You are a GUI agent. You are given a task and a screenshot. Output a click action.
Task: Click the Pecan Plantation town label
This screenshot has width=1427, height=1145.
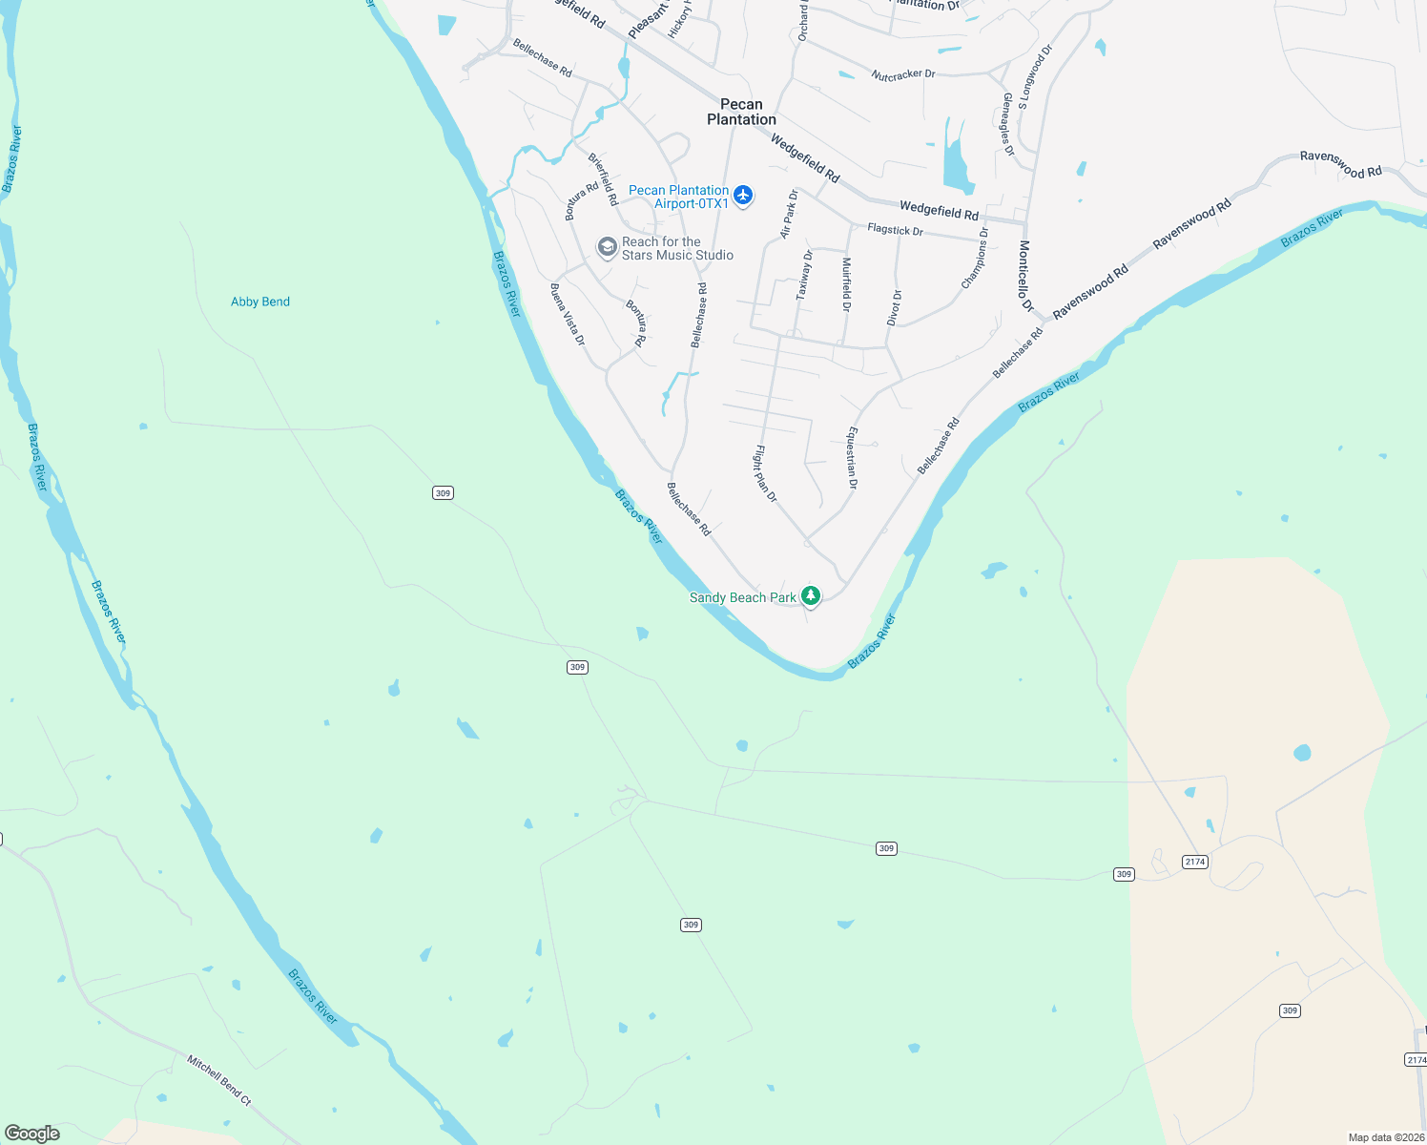(x=741, y=112)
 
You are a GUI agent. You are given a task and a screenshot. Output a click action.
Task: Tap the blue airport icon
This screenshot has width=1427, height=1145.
(x=743, y=196)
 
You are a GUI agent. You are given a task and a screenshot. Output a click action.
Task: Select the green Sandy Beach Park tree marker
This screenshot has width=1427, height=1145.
(x=810, y=596)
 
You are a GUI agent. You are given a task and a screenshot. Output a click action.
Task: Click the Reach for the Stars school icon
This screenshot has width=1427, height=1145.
(x=607, y=248)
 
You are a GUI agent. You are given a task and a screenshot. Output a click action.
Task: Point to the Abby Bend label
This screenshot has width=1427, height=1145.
(x=260, y=302)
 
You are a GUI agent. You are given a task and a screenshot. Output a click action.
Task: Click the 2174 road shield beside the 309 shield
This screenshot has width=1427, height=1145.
(x=1194, y=862)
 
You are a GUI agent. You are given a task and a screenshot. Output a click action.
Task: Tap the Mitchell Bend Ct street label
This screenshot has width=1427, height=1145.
(x=218, y=1080)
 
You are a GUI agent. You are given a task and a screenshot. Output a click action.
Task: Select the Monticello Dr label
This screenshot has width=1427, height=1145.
(x=1025, y=276)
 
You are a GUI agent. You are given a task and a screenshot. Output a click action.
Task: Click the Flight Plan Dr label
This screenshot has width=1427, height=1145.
(x=766, y=473)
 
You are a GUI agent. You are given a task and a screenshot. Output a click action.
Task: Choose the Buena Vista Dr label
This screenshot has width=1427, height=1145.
(x=568, y=314)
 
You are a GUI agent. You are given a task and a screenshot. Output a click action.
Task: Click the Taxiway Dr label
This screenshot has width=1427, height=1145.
(x=805, y=275)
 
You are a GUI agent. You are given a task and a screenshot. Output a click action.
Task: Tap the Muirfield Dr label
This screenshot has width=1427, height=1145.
(x=846, y=284)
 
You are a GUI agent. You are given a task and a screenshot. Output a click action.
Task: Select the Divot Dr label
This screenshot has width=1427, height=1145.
(x=895, y=307)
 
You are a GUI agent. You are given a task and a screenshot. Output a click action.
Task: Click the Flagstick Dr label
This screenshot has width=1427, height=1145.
(x=895, y=230)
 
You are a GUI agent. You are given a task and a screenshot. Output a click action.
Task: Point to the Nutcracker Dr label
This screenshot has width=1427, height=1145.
(x=903, y=74)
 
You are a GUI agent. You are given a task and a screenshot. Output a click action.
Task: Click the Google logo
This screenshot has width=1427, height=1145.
(x=32, y=1134)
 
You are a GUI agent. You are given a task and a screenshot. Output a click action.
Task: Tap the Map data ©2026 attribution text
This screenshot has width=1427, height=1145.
(x=1384, y=1137)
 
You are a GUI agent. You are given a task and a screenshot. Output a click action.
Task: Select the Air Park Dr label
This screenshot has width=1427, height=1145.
(x=789, y=214)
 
